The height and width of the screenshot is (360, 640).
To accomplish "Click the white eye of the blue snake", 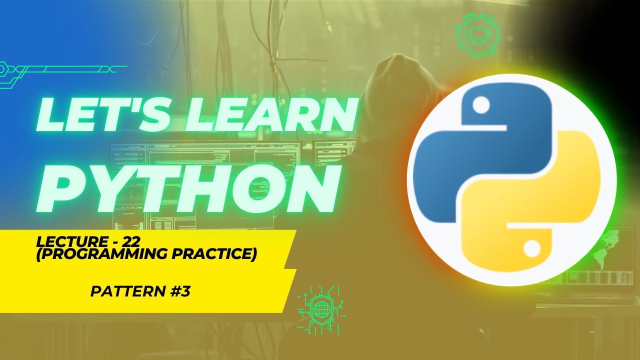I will tap(481, 105).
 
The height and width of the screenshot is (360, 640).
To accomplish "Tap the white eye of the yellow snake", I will tap(531, 247).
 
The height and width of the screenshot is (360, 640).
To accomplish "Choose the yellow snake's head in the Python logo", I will tap(515, 245).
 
